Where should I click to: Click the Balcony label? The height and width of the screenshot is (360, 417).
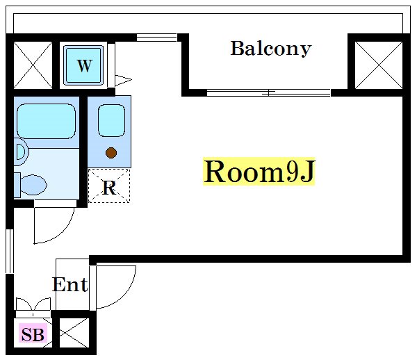click(x=270, y=49)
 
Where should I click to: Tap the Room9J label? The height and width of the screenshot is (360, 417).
click(x=259, y=172)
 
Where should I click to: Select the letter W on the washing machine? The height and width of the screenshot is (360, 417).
click(x=84, y=66)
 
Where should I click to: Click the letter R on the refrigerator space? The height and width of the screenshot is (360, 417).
click(x=108, y=187)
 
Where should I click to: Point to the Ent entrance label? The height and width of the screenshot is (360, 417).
click(x=70, y=284)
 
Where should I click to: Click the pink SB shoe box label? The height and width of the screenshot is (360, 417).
click(x=32, y=336)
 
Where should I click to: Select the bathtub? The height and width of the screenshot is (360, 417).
click(x=45, y=120)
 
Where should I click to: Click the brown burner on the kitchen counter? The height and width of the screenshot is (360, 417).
click(x=111, y=152)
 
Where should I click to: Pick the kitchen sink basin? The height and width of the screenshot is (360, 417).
click(x=111, y=120)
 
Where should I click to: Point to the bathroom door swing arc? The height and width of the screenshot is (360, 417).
click(x=53, y=224)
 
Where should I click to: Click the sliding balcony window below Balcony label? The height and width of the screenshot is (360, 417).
click(x=268, y=92)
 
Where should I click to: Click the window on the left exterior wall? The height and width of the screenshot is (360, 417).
click(x=10, y=250)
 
